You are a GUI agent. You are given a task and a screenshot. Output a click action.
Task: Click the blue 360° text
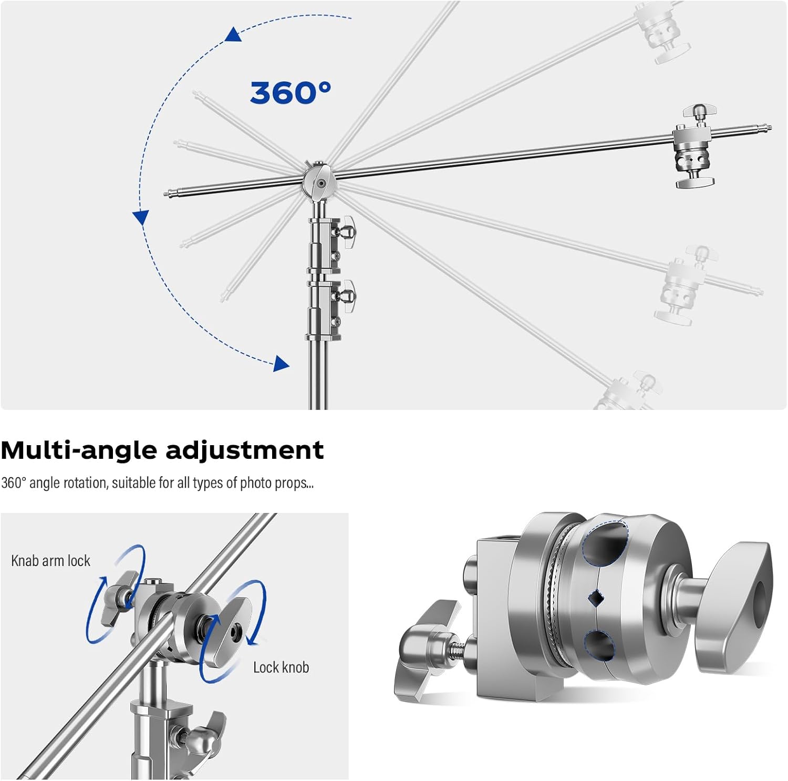(x=291, y=93)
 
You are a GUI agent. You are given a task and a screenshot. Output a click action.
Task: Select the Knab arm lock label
(x=50, y=561)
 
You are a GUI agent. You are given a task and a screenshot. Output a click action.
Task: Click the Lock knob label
(x=281, y=667)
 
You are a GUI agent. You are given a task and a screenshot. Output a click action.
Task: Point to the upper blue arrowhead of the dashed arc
(x=233, y=35)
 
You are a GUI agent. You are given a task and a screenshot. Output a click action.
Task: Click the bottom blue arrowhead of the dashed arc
(x=282, y=364)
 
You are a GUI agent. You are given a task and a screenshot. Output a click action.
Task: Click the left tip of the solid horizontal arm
(x=167, y=193)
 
